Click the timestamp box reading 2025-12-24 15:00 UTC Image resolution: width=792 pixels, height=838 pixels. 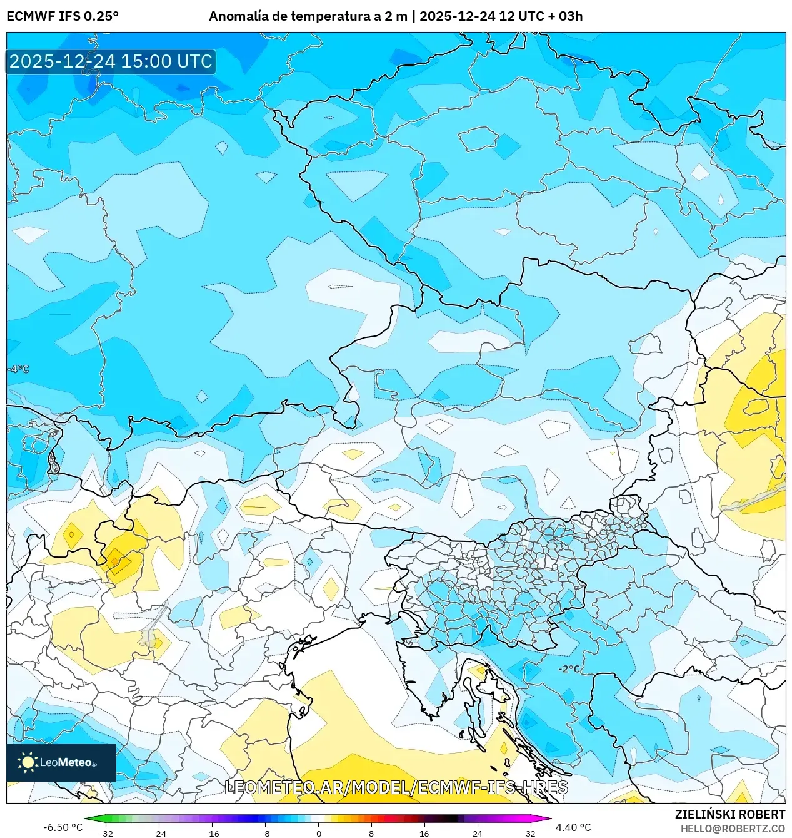point(111,61)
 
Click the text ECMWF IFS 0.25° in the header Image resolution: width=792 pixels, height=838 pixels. point(63,16)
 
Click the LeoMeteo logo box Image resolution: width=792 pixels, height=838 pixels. point(61,762)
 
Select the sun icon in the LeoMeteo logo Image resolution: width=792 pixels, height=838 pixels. point(28,762)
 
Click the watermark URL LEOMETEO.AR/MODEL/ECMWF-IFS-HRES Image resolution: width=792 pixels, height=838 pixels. point(396,787)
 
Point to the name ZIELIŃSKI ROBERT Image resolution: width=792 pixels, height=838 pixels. point(729,814)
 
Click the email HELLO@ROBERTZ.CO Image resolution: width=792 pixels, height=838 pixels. point(733,829)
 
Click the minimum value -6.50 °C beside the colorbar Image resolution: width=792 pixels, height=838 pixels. point(63,827)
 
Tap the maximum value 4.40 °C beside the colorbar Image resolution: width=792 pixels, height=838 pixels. point(573,827)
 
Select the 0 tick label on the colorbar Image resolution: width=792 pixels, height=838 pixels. point(318,833)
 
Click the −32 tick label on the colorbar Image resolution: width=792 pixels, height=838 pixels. point(106,833)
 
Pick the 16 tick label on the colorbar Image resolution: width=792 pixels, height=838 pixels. point(424,833)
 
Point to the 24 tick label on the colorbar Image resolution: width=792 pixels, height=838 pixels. point(478,833)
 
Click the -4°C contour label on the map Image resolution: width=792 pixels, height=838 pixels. point(18,369)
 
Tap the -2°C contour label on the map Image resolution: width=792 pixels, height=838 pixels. point(569,668)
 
